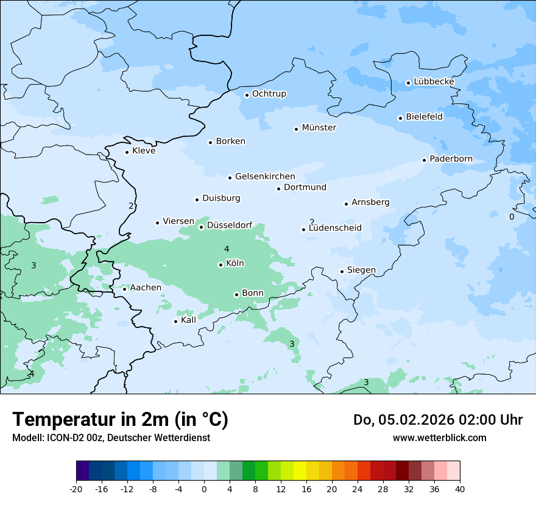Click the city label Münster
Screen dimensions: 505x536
click(319, 128)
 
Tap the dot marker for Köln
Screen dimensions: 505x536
click(220, 265)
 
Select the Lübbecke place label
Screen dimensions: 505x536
click(434, 82)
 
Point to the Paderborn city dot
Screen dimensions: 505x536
click(424, 160)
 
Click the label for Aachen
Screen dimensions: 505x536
click(146, 288)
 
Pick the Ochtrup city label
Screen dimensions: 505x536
click(269, 94)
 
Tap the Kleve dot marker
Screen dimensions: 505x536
click(127, 152)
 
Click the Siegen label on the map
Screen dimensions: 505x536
click(361, 270)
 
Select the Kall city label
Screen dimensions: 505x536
click(189, 320)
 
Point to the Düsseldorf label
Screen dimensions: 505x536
click(230, 225)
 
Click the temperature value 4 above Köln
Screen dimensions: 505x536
click(227, 249)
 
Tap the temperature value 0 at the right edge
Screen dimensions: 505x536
click(512, 217)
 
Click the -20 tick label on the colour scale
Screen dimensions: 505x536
click(76, 489)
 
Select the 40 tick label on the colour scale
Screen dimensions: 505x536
click(460, 489)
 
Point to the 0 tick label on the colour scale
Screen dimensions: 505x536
click(204, 489)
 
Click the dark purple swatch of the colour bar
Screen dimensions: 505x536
click(82, 471)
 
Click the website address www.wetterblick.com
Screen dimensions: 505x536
click(439, 437)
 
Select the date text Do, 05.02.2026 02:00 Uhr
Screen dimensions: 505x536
click(437, 420)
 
